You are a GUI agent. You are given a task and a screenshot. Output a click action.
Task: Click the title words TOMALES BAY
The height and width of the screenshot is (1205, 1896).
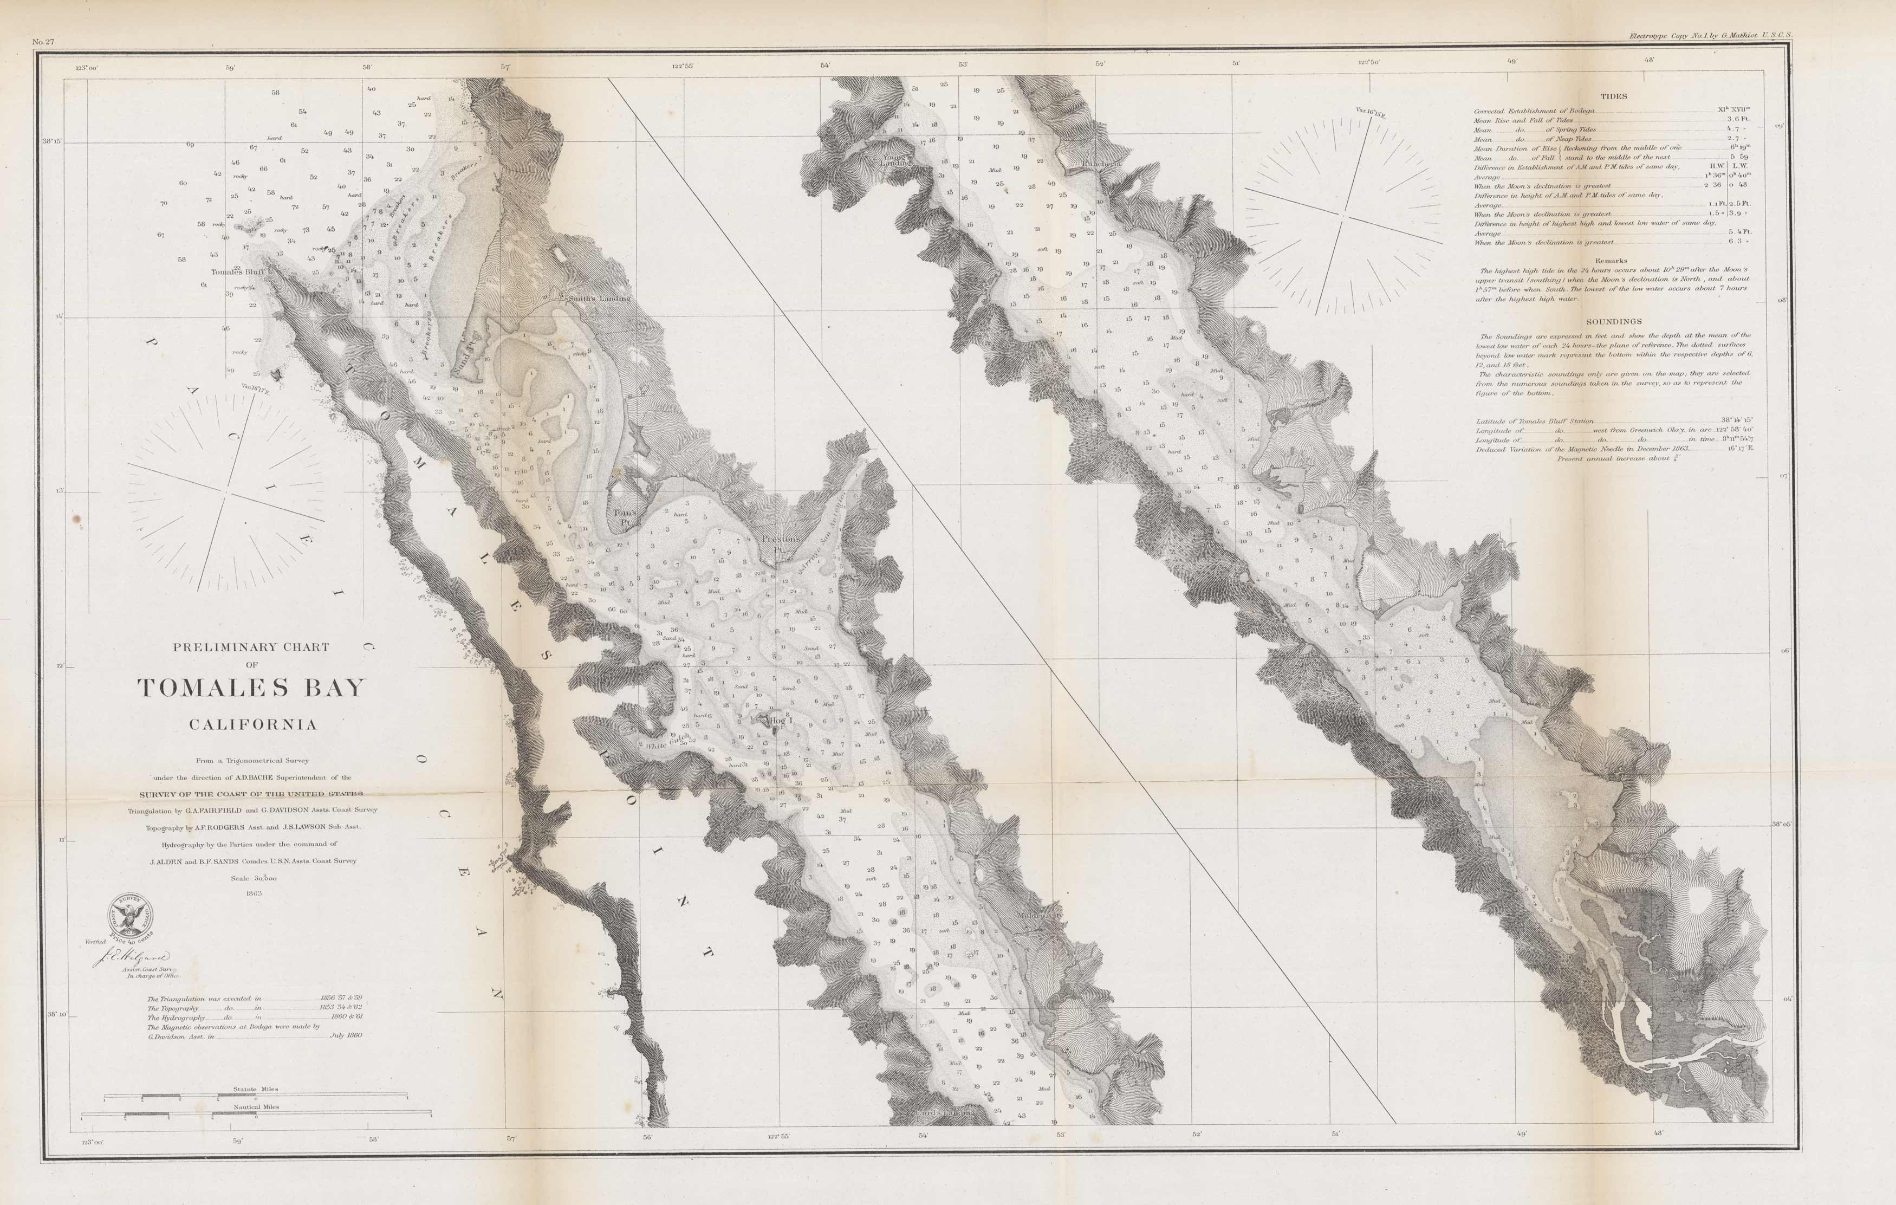click(252, 688)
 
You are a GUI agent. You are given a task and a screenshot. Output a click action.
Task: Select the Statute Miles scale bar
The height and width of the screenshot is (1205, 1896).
click(256, 1096)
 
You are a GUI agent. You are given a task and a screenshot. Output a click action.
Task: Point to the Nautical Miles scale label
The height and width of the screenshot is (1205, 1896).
click(256, 1106)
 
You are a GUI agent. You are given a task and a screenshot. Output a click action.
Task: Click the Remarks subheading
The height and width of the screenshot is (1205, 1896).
click(1611, 261)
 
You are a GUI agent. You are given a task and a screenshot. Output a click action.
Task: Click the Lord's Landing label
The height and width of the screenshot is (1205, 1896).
click(945, 1113)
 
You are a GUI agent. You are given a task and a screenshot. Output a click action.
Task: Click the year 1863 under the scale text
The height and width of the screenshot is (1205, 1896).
click(254, 893)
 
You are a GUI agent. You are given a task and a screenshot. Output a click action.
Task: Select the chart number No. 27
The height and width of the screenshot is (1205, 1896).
click(42, 41)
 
